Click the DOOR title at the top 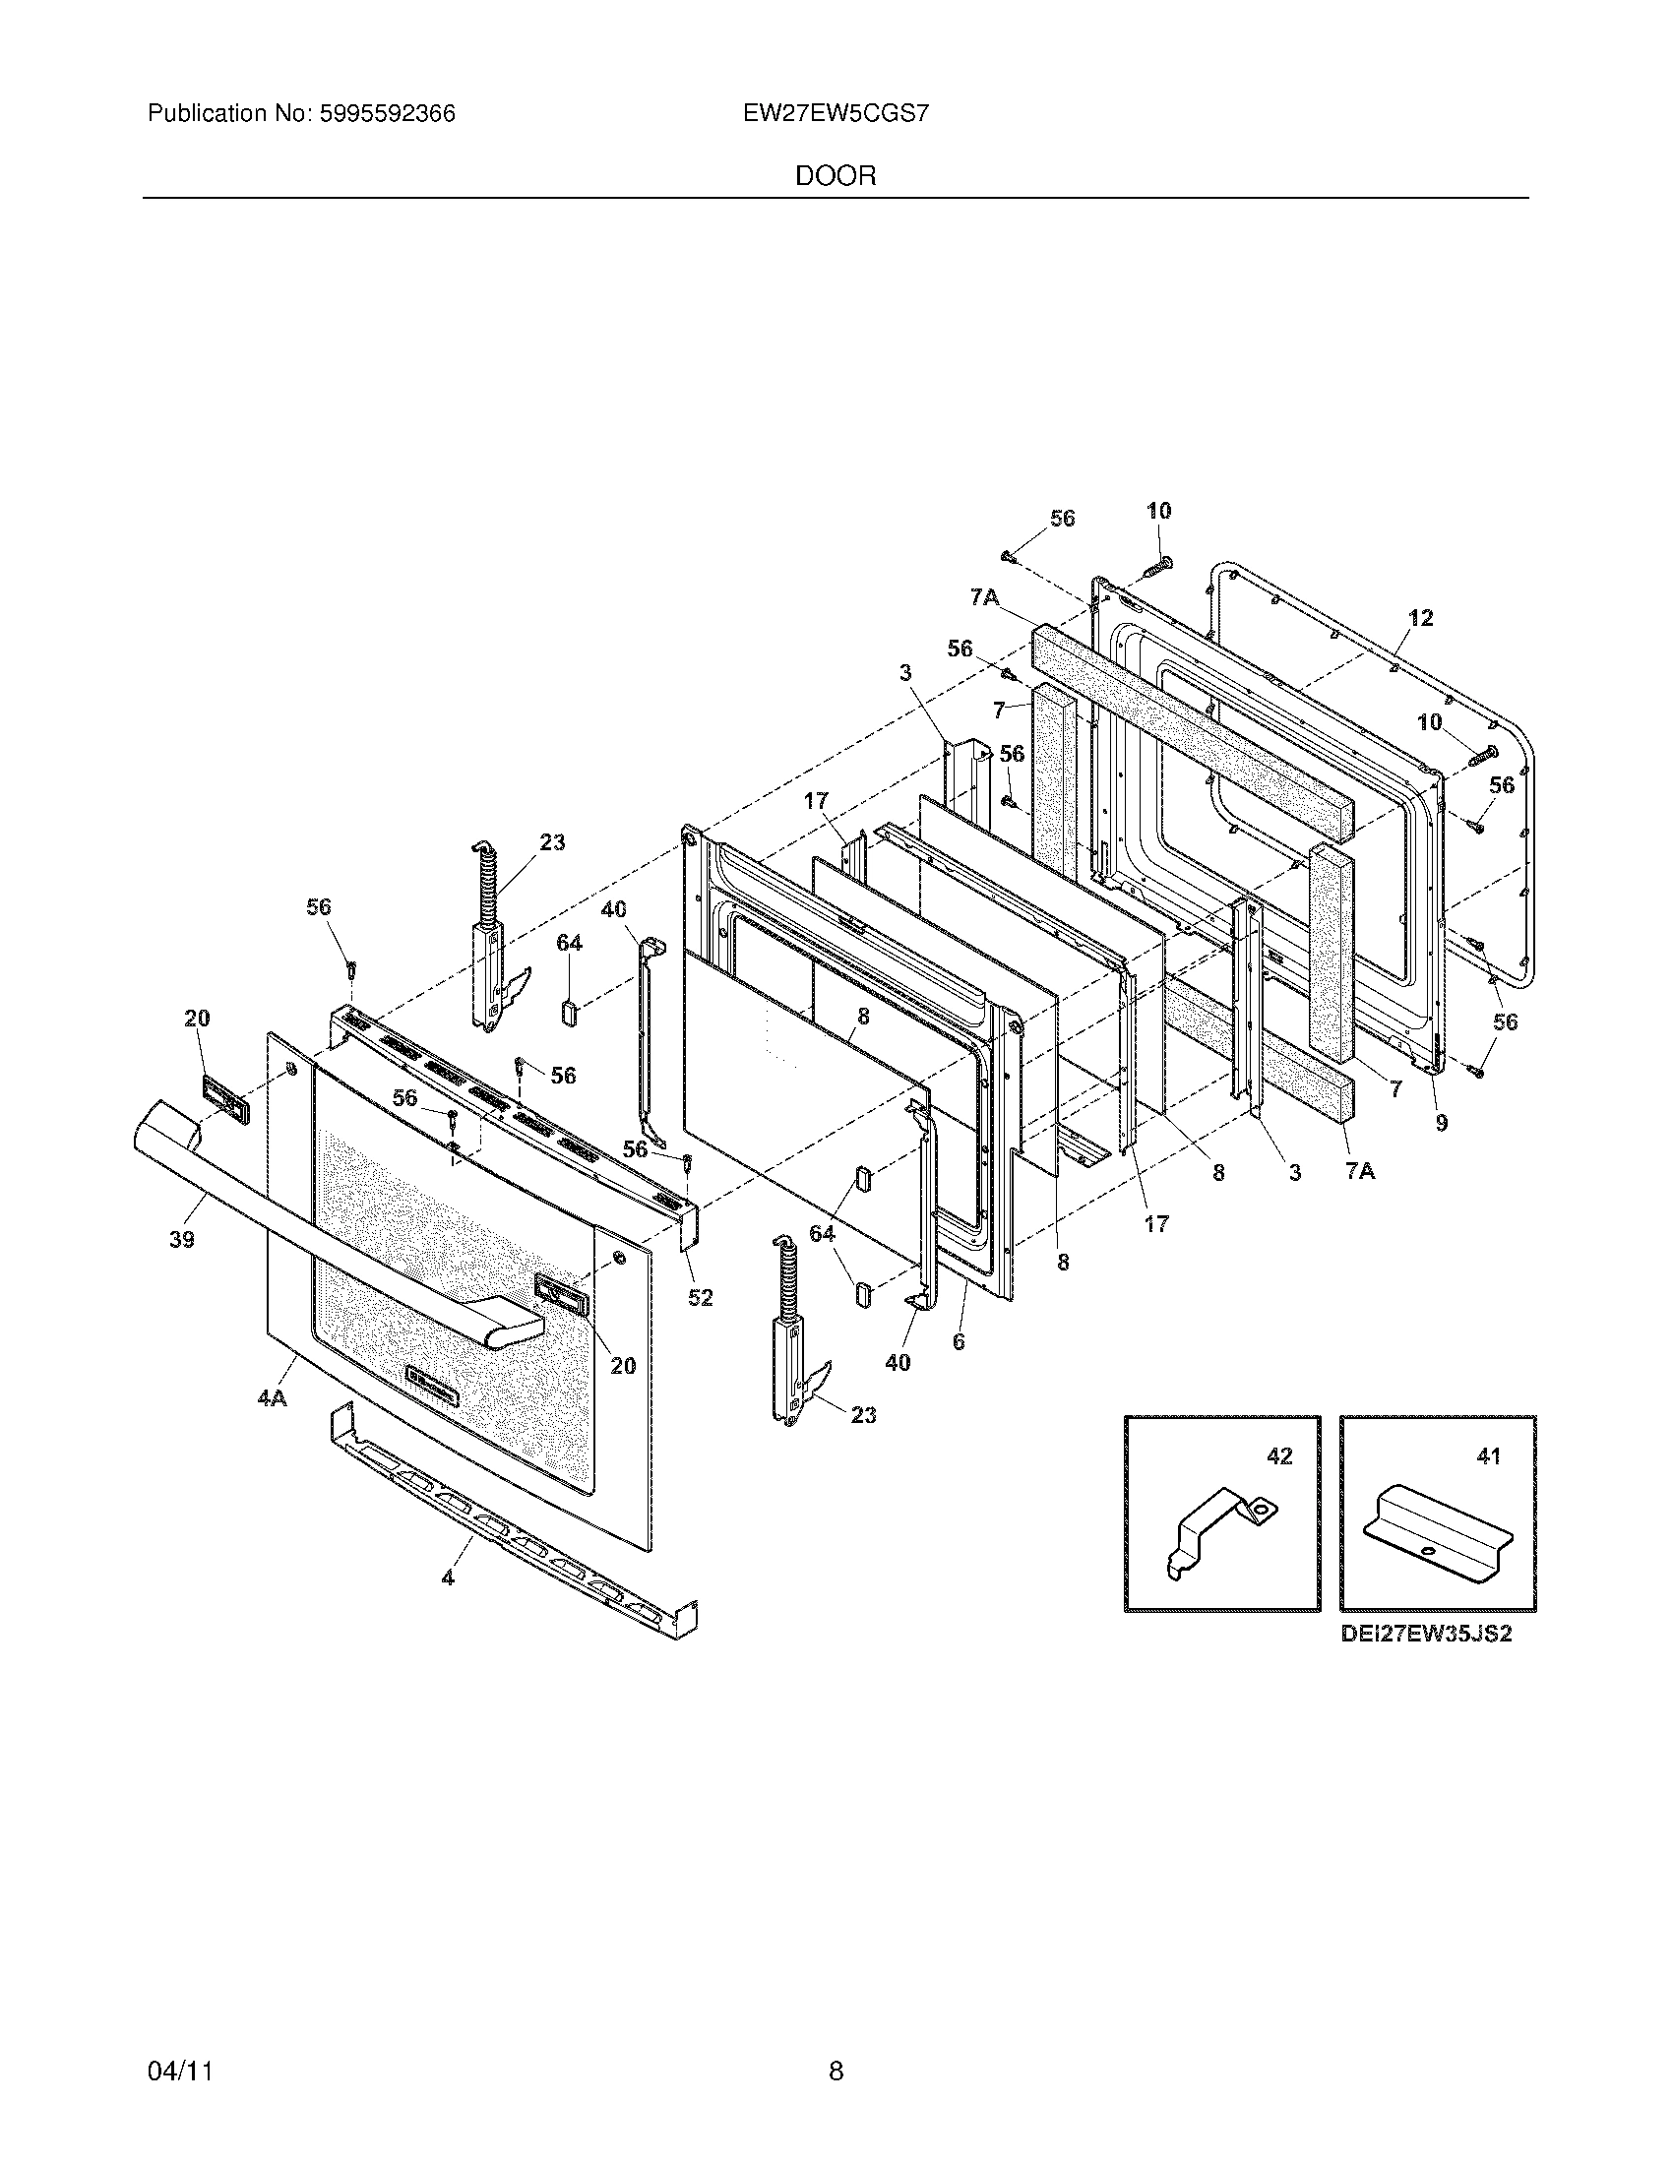836,176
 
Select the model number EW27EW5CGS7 836,114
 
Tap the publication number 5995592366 388,114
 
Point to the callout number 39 181,1239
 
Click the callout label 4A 272,1398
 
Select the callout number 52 700,1298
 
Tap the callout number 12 1420,619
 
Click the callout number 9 1441,1122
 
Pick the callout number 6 958,1342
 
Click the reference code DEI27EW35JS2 1426,1635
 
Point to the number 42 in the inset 1279,1456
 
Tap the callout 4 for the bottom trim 448,1577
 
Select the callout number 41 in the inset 1488,1456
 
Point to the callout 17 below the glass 1156,1224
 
